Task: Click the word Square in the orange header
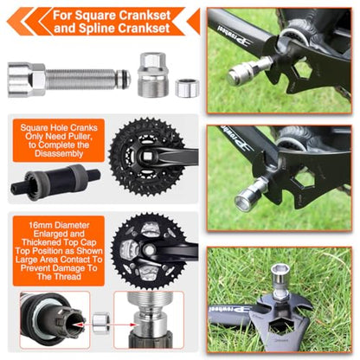[x=93, y=16]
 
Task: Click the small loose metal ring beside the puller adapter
[x=187, y=87]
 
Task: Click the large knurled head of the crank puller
[x=27, y=80]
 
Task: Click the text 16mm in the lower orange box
[x=41, y=225]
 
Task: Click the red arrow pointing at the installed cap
[x=124, y=325]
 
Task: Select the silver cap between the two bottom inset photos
[x=100, y=324]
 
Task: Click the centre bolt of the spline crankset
[x=150, y=249]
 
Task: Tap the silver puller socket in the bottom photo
[x=280, y=279]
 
